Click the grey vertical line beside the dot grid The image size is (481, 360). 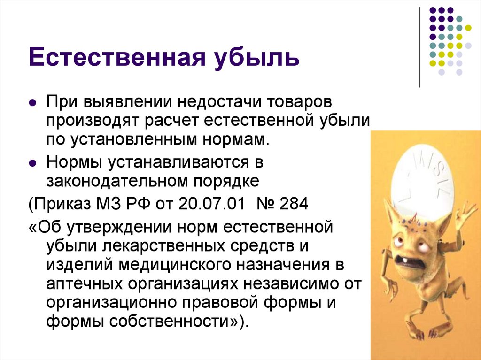419,47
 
